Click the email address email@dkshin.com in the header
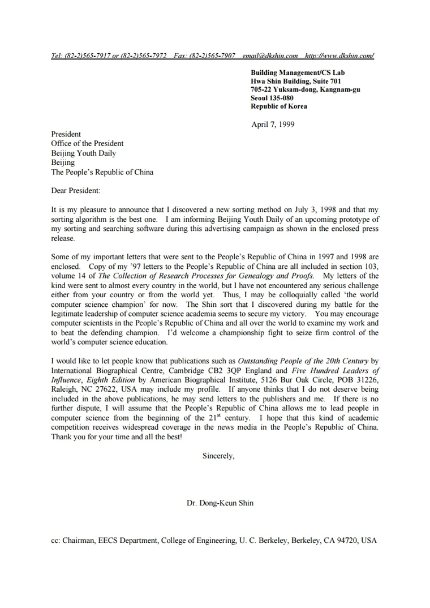coord(270,56)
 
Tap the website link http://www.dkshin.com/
coord(339,56)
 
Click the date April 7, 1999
coord(273,125)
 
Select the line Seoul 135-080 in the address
coord(272,98)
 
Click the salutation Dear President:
coord(75,191)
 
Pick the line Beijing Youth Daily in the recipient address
coord(83,153)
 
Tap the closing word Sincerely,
coord(218,455)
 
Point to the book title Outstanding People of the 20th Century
coord(303,361)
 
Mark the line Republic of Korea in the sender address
coord(279,106)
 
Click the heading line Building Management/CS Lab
coord(298,72)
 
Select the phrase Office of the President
coord(87,143)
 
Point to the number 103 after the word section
coord(371,267)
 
